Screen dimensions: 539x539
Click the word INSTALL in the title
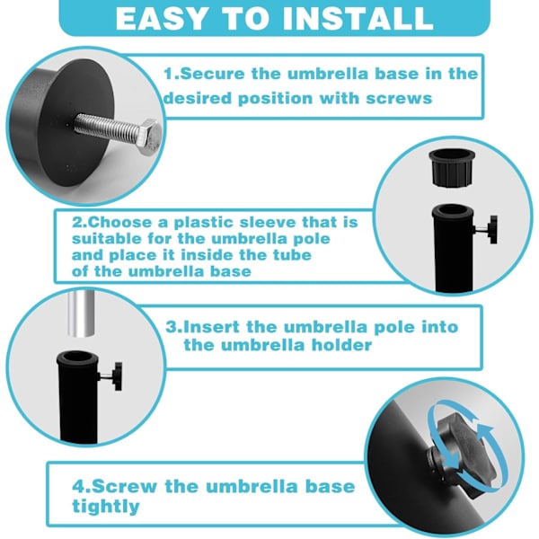coord(358,18)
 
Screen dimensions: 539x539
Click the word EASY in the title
coord(162,18)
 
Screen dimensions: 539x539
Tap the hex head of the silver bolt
coord(149,136)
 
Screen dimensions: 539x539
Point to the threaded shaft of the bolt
coord(107,125)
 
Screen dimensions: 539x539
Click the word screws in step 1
coord(399,99)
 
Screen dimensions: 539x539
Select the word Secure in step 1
coord(212,74)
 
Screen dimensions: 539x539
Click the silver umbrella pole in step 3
coord(81,315)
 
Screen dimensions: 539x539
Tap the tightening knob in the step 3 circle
coord(112,376)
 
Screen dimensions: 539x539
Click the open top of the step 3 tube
coord(77,358)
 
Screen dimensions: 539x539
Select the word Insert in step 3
coord(212,327)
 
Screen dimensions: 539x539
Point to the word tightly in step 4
coord(105,507)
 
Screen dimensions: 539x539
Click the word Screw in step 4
coord(125,486)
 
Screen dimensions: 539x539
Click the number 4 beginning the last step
coord(79,487)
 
